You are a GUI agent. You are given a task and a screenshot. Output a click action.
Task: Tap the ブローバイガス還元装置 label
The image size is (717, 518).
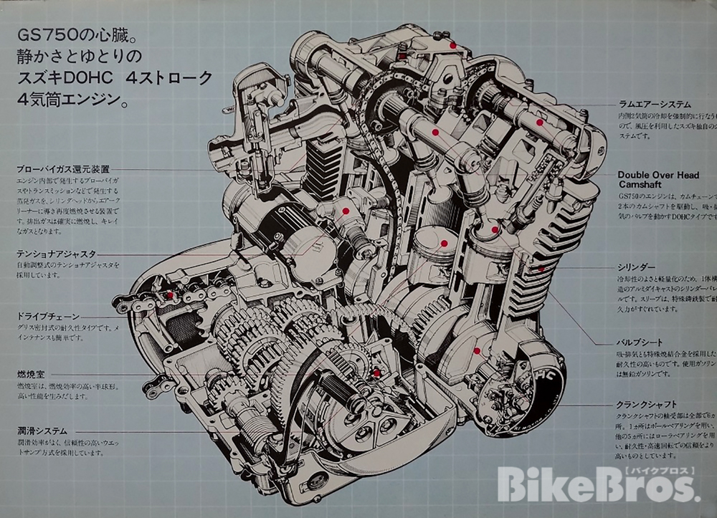[63, 170]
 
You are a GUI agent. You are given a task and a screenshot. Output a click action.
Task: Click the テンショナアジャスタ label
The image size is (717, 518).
[58, 254]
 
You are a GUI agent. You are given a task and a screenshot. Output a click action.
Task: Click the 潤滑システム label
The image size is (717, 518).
[43, 431]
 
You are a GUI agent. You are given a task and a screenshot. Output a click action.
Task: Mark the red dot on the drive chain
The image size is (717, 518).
[170, 295]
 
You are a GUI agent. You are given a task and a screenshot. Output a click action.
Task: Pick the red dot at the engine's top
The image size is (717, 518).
[452, 44]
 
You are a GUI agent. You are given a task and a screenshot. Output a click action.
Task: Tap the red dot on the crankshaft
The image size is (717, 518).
[477, 351]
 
